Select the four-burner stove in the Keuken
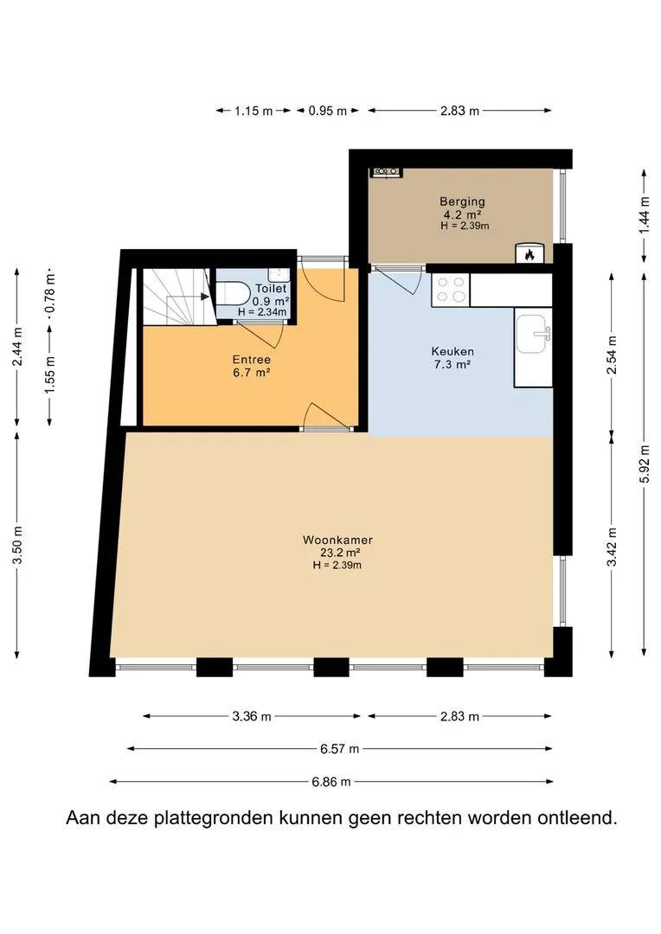pos(451,290)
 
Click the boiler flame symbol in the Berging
pos(529,254)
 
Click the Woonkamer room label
pos(337,541)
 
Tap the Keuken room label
pos(452,351)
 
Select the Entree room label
pos(252,360)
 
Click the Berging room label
pos(463,202)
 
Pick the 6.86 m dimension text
pos(331,782)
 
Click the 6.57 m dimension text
pos(340,749)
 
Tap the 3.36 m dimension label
pos(252,716)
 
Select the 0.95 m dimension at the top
pos(327,111)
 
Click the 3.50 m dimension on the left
pos(17,546)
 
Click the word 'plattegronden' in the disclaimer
pos(214,818)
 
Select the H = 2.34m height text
pos(262,312)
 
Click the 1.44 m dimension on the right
pos(644,215)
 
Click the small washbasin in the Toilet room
pos(279,275)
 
